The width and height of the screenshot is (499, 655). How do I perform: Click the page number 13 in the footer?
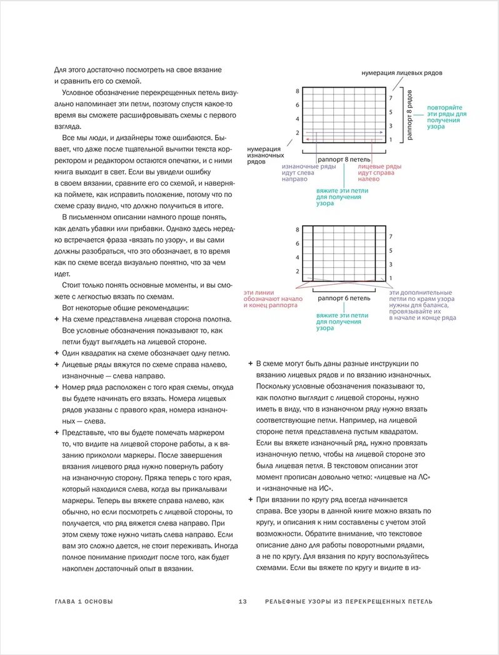pos(243,602)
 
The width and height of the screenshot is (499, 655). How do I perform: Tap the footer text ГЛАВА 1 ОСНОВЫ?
pos(84,602)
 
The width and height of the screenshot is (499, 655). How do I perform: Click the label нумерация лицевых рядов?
pos(401,73)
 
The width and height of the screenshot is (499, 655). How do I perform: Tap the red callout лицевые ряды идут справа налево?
pos(380,173)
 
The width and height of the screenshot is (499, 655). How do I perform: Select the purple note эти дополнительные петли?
pos(422,305)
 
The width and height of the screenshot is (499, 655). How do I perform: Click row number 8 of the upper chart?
pos(298,91)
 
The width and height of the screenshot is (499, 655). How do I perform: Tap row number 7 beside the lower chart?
pos(391,237)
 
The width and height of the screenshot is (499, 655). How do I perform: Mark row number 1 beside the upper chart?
pos(391,140)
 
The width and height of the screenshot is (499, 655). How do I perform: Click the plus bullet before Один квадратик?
pos(57,353)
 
